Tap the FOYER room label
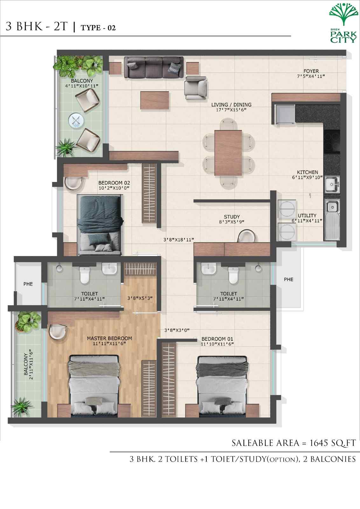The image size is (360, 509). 311,71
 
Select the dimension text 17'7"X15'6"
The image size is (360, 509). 231,110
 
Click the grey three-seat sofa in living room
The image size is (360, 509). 154,67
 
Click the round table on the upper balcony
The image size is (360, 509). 76,120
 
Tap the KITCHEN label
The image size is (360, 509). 307,172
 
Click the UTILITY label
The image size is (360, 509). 307,215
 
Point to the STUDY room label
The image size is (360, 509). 232,217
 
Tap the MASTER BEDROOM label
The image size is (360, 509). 109,338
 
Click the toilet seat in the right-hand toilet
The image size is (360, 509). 233,275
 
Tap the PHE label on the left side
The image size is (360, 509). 28,284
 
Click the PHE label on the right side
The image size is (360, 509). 288,279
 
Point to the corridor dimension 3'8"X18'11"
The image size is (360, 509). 178,240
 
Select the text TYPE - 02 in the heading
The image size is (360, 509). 98,28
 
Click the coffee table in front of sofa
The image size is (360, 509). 155,100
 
